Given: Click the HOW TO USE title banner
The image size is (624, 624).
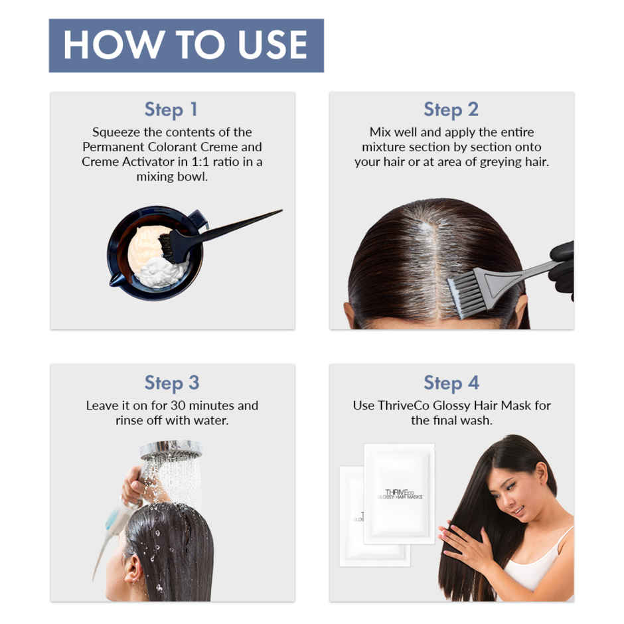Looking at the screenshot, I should [x=186, y=45].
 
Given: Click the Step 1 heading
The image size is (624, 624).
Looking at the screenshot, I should [x=171, y=110].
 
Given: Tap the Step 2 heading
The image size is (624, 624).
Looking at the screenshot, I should [x=451, y=110].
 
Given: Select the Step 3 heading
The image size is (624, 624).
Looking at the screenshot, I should [x=171, y=383].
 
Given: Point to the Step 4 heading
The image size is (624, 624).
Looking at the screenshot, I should [x=451, y=383].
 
